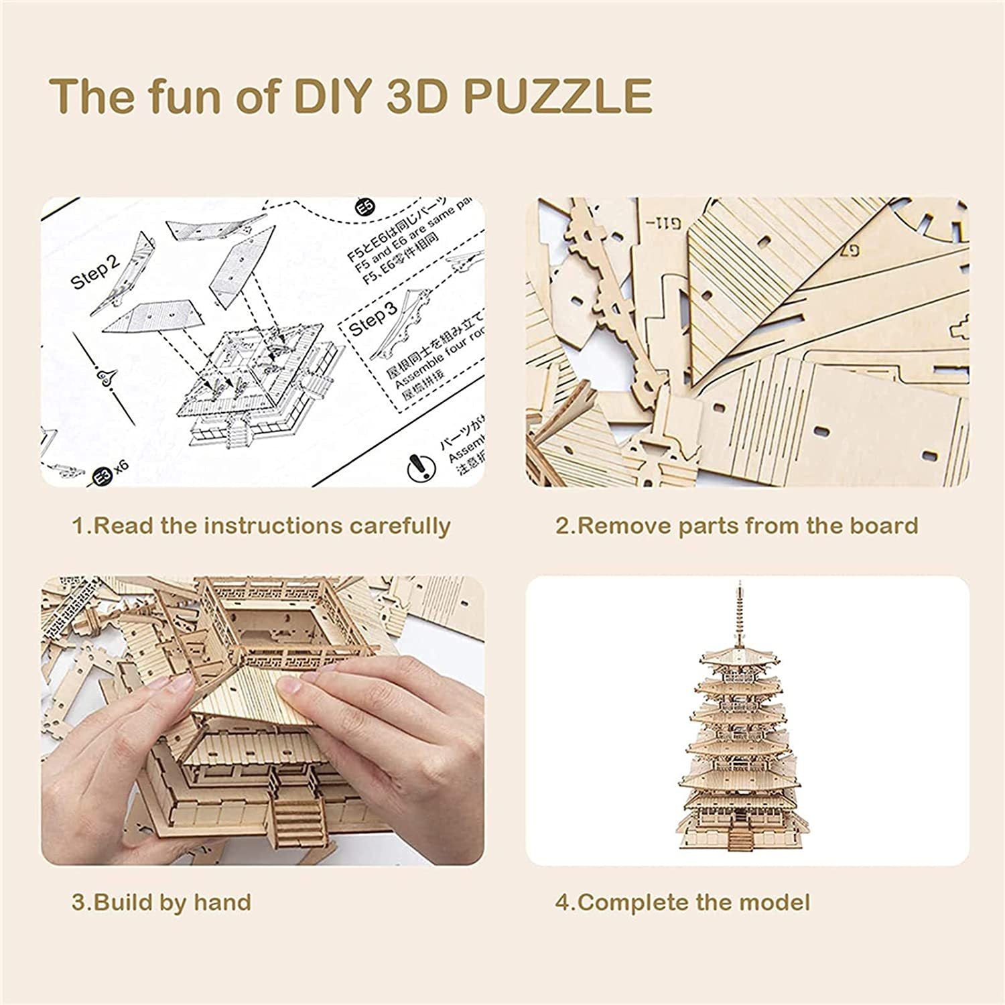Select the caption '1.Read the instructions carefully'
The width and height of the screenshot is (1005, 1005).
tap(261, 526)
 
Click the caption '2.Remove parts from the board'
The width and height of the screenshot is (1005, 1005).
tap(736, 526)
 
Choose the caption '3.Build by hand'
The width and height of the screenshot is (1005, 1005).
tap(161, 902)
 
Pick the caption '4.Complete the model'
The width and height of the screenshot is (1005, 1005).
tap(683, 902)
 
